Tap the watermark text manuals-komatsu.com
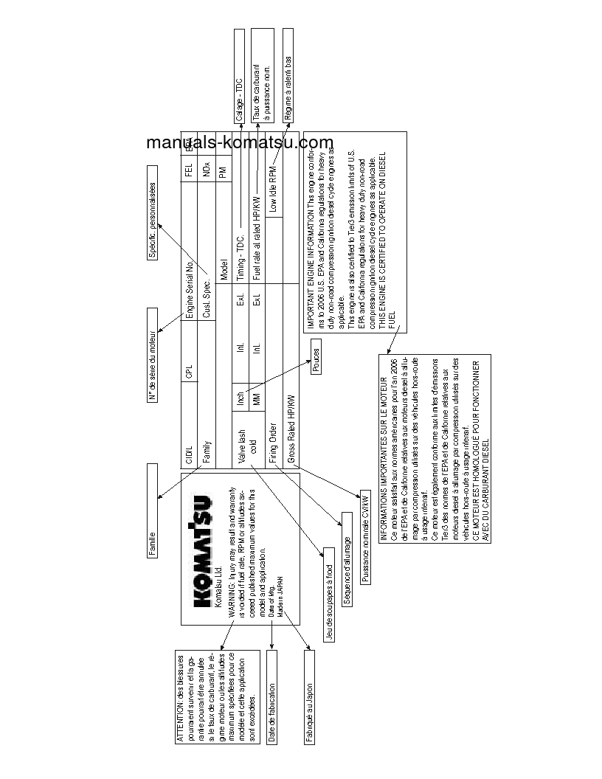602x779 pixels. click(x=240, y=143)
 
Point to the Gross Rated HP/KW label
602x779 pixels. click(x=291, y=429)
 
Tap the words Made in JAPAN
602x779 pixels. click(x=280, y=581)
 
